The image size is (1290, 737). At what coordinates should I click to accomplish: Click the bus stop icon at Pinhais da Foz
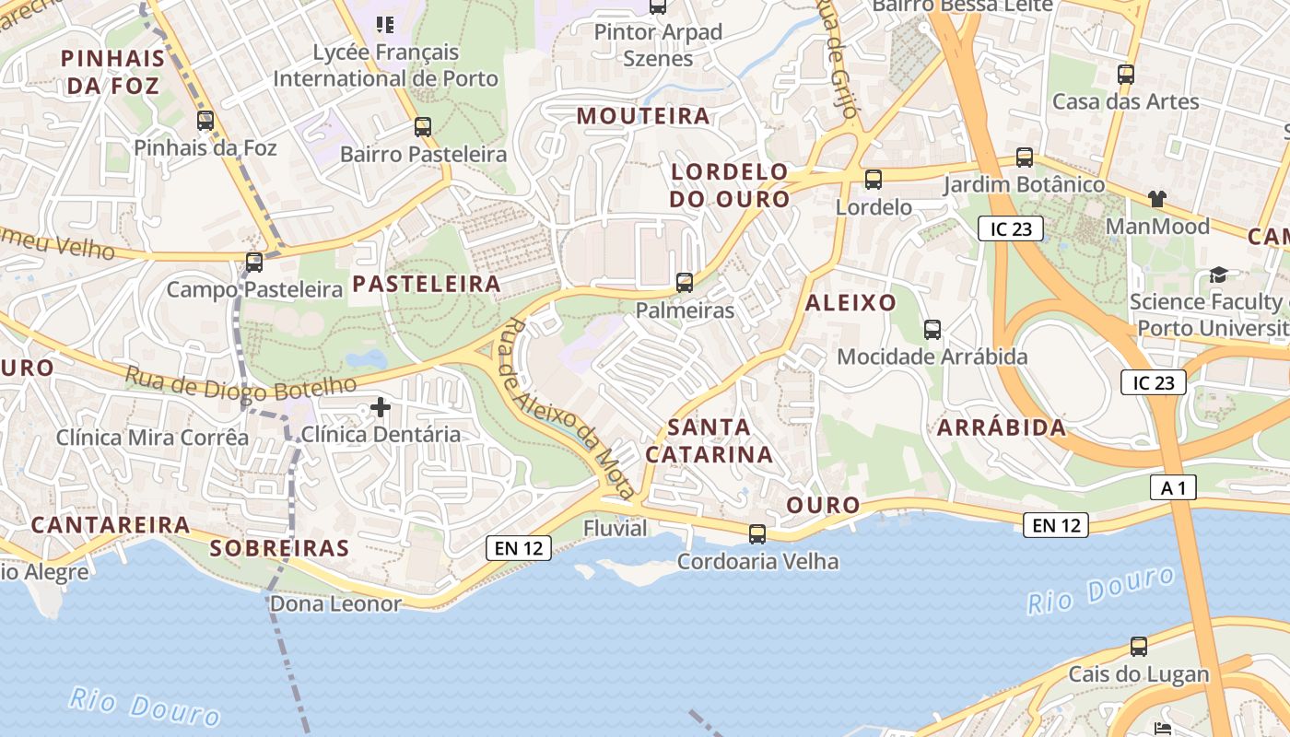[x=205, y=121]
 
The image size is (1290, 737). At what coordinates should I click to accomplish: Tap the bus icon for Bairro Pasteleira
[x=423, y=127]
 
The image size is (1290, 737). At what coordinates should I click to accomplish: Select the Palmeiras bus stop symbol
[x=685, y=283]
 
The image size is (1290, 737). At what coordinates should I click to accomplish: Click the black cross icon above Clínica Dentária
[x=381, y=406]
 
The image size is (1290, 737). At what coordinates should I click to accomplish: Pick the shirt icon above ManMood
[x=1157, y=198]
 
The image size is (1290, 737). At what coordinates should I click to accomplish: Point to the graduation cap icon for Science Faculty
[x=1218, y=275]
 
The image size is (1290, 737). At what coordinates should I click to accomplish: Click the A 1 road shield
[x=1173, y=487]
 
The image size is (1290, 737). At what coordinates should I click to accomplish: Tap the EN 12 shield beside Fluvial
[x=519, y=548]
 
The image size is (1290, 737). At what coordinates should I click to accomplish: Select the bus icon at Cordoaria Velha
[x=757, y=533]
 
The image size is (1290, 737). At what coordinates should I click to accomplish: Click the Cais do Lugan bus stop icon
[x=1139, y=647]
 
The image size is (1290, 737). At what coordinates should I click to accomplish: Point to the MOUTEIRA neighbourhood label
[x=643, y=116]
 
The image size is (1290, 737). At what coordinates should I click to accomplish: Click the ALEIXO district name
[x=850, y=302]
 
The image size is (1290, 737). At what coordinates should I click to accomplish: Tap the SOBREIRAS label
[x=279, y=548]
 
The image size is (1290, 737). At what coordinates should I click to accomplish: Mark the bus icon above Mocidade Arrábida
[x=932, y=329]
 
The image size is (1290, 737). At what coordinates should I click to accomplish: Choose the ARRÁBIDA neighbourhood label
[x=1002, y=427]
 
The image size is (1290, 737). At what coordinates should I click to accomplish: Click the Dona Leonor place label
[x=335, y=604]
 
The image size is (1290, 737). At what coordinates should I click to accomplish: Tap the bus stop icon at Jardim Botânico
[x=1025, y=158]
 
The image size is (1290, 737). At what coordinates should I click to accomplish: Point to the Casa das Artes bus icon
[x=1125, y=75]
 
